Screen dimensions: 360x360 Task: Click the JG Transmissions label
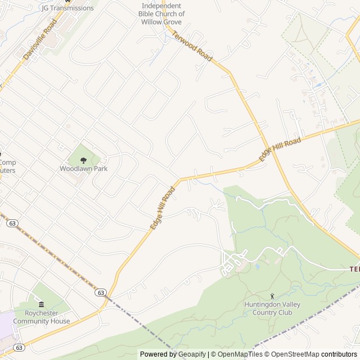click(x=67, y=8)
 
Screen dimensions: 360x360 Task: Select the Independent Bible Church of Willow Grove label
click(x=162, y=13)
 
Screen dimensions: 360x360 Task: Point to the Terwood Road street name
click(x=193, y=46)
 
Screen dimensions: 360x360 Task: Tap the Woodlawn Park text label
click(x=84, y=168)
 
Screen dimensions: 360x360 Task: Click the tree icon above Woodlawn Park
click(x=84, y=160)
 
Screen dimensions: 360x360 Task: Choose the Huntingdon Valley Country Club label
click(x=272, y=308)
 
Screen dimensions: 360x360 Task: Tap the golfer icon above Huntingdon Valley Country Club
click(x=272, y=296)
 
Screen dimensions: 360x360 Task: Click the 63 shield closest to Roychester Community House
click(x=19, y=347)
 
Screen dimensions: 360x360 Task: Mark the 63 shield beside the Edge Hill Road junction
click(x=101, y=292)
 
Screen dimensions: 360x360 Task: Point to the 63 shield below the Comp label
click(x=12, y=223)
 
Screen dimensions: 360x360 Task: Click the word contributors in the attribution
click(x=339, y=354)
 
